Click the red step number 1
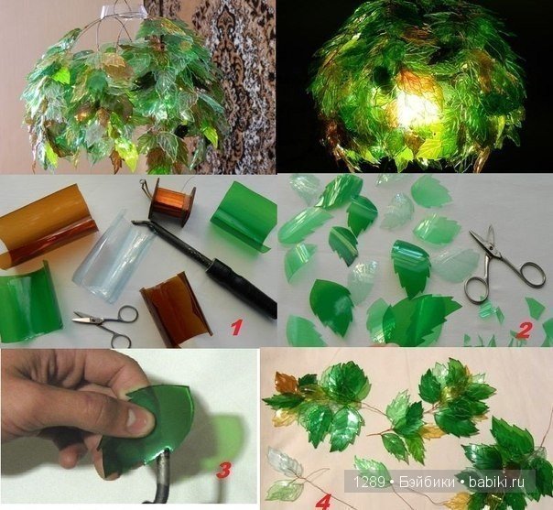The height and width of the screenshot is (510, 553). [x=236, y=328]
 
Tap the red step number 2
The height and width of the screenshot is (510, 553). [x=523, y=331]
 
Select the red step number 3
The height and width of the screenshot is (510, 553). [x=224, y=470]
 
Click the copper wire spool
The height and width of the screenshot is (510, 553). [x=172, y=201]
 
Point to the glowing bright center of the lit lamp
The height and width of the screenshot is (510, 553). [x=417, y=106]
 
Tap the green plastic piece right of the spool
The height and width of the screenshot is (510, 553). [x=241, y=217]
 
